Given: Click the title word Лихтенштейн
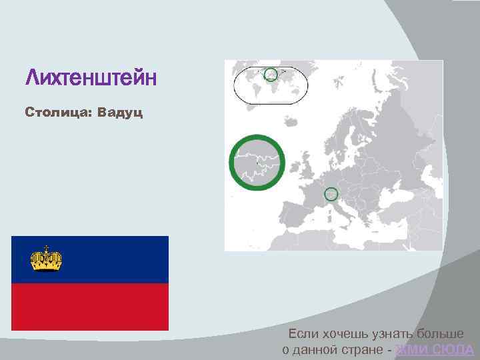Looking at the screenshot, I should click(x=91, y=79).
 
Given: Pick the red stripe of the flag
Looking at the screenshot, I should click(x=90, y=306).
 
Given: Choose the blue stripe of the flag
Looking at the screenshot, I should click(x=107, y=259).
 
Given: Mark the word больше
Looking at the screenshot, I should click(x=441, y=333).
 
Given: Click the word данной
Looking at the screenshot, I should click(x=318, y=350).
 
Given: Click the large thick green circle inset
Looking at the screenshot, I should click(x=257, y=162).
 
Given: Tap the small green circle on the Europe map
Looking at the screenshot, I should click(x=331, y=194).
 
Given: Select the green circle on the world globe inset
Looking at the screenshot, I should click(x=271, y=74).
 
